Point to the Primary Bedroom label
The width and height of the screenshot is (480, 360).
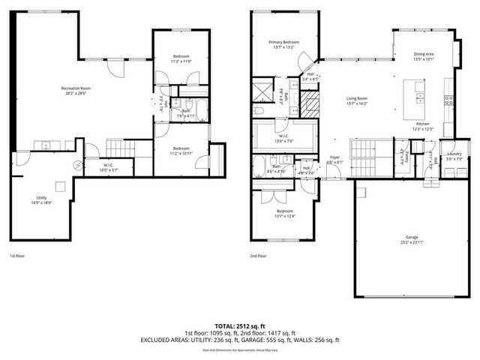pyautogui.click(x=285, y=42)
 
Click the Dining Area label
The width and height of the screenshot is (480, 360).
pyautogui.click(x=424, y=54)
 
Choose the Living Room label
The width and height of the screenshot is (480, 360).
pyautogui.click(x=357, y=98)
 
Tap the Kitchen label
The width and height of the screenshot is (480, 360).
pyautogui.click(x=422, y=124)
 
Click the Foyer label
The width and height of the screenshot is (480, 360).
pyautogui.click(x=335, y=157)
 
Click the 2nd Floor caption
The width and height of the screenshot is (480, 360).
pyautogui.click(x=258, y=256)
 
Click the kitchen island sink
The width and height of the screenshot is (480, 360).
pyautogui.click(x=420, y=97)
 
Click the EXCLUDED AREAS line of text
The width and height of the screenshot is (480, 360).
pyautogui.click(x=240, y=340)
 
